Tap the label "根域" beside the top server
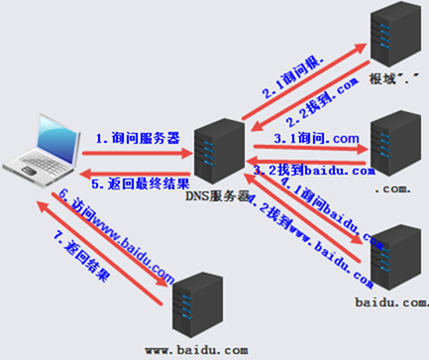click(382, 78)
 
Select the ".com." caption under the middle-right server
click(389, 185)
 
